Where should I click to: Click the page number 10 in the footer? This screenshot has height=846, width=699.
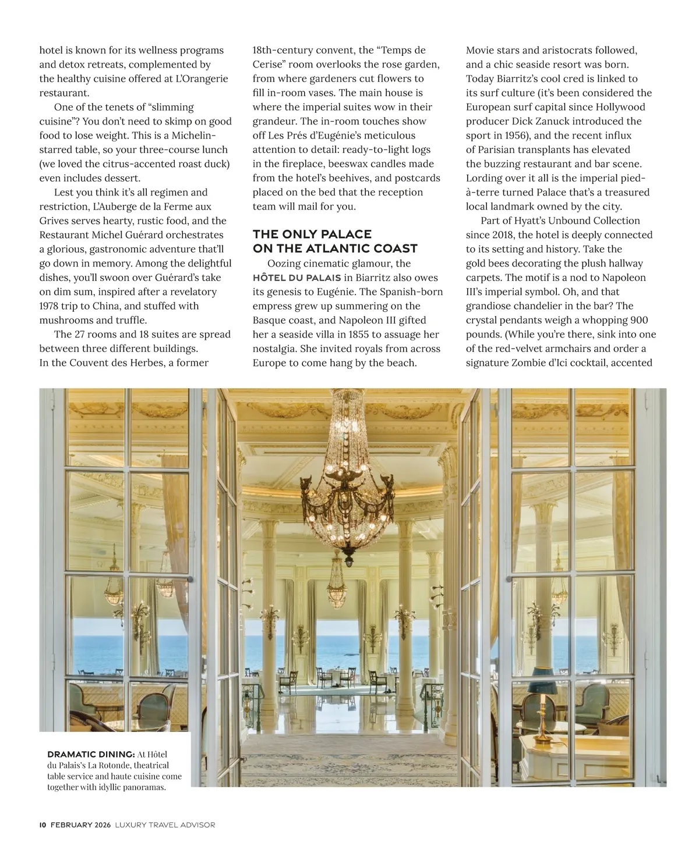43,824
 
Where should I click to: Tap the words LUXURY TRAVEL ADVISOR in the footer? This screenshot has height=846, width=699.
165,824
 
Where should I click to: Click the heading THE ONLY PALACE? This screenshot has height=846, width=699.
312,234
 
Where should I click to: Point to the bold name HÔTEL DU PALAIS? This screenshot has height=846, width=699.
296,278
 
